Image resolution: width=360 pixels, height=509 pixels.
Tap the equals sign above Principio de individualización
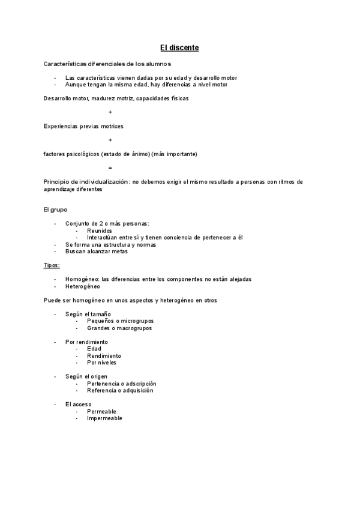click(110, 167)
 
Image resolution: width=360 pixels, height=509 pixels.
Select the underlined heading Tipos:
click(52, 265)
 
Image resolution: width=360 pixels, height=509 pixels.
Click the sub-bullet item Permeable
click(101, 411)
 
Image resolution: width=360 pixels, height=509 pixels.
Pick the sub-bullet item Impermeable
click(104, 418)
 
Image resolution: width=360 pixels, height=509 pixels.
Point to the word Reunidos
click(99, 230)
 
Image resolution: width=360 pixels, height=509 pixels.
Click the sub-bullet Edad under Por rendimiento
click(94, 349)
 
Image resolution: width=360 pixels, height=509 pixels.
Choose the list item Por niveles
click(101, 363)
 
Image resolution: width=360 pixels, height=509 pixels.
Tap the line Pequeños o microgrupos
click(120, 321)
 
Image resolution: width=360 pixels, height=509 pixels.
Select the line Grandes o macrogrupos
click(119, 328)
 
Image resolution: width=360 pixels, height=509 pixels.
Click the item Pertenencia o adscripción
click(122, 384)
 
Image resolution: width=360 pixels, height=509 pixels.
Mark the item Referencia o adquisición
click(120, 390)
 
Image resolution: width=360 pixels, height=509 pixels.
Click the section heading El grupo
click(56, 209)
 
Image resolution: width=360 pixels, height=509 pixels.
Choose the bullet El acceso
click(79, 405)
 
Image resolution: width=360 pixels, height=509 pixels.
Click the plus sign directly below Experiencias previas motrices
click(110, 140)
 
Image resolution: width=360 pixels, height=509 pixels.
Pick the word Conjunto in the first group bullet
click(79, 223)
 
